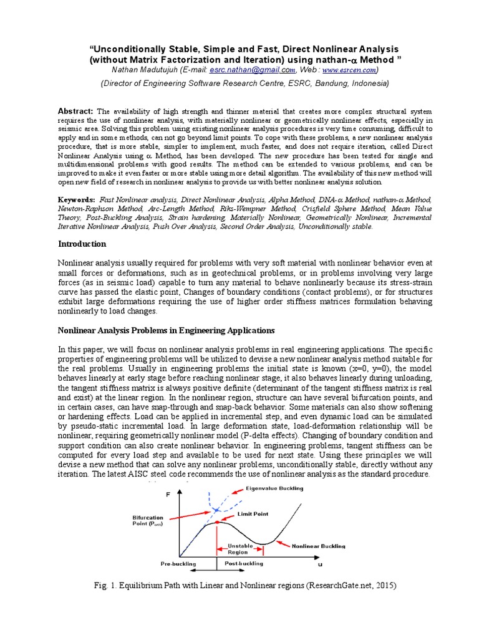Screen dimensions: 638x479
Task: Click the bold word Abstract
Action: coord(75,109)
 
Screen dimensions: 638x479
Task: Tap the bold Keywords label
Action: coord(77,198)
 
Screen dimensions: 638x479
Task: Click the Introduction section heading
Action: coord(82,244)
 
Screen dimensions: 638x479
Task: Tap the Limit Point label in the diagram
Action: coord(253,514)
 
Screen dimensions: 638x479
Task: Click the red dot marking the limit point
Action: coord(216,521)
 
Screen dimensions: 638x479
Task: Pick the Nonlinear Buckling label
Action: coord(318,546)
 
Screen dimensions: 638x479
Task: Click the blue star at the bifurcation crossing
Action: coord(216,510)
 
